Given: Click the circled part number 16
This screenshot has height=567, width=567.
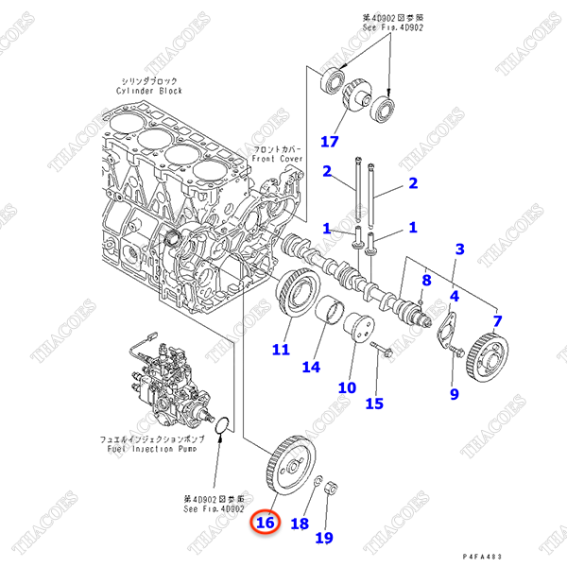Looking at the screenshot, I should point(265,522).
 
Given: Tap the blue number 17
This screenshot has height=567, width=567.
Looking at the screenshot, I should point(328,142).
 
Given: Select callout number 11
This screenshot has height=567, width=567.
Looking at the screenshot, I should point(281,350).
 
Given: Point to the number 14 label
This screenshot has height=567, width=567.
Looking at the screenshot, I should point(311,366).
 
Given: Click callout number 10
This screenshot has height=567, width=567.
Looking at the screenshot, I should point(347,387).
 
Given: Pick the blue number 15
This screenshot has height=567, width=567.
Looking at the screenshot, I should point(374,404).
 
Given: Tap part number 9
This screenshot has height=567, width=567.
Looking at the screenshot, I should point(454,393).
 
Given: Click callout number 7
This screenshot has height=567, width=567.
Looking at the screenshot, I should point(497,322).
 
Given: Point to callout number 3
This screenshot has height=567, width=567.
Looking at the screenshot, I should point(459,249).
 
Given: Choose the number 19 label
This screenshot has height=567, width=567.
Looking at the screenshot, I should point(324,539).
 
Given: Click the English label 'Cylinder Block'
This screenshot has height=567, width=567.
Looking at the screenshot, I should point(152,92).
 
